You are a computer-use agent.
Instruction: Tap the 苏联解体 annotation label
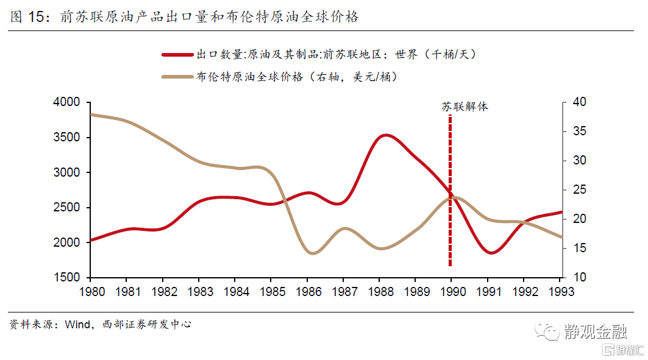click(x=465, y=107)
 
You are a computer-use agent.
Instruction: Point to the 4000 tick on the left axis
click(x=67, y=102)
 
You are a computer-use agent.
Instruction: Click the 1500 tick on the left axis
click(x=67, y=278)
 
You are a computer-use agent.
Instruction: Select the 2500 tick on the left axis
click(x=67, y=208)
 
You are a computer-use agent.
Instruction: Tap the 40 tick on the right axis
click(x=576, y=102)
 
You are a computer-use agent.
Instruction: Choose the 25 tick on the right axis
click(x=576, y=190)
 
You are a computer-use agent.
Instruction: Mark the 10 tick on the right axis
click(x=576, y=278)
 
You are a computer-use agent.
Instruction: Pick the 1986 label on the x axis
click(x=308, y=292)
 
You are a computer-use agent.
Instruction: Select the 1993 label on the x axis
click(x=560, y=292)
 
